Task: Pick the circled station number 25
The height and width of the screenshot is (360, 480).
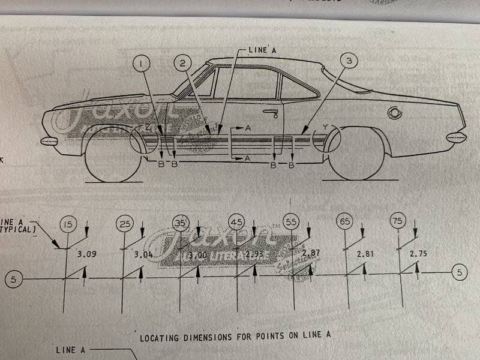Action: tap(125, 224)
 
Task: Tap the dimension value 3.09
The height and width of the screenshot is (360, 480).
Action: tap(87, 254)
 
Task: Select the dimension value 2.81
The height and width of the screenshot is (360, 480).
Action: tap(364, 253)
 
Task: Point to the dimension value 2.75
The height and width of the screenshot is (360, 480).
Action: tap(419, 254)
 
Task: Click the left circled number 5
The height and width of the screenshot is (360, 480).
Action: tap(15, 279)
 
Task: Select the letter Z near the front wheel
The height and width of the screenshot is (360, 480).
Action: tap(148, 128)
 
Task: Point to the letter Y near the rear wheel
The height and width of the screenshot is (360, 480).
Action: tap(325, 127)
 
